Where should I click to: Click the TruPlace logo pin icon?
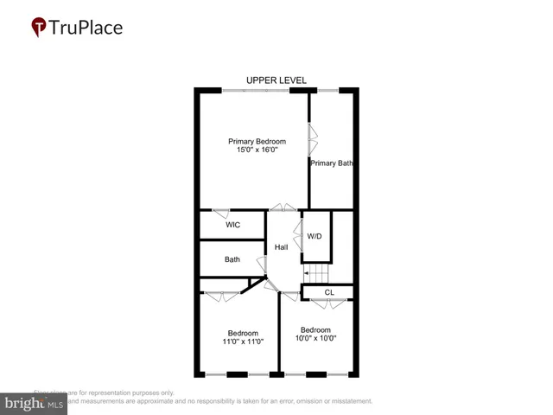tap(39, 28)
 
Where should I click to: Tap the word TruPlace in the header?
tap(86, 27)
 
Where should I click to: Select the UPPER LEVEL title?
tap(276, 80)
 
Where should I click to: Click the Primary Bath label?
tap(332, 163)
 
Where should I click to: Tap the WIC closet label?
tap(232, 225)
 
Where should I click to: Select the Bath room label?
tap(232, 259)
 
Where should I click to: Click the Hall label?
tap(281, 248)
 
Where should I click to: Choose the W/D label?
tap(315, 237)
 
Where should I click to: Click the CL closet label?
tap(328, 292)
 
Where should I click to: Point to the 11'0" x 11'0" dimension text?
tap(243, 342)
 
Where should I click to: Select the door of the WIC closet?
tap(222, 211)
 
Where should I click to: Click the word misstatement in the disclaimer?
tap(346, 401)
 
